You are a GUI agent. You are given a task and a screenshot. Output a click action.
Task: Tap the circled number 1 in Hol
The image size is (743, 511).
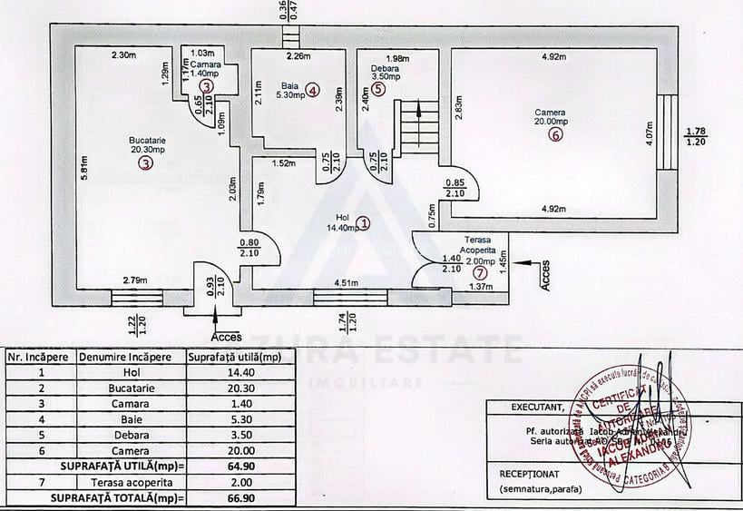tap(363, 221)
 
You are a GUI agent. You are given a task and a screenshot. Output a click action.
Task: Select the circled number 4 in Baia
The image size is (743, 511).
tap(312, 90)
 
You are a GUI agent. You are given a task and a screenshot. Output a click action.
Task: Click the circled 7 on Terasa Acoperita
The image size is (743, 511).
tap(480, 271)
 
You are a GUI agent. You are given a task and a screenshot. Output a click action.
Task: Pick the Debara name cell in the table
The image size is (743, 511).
tap(131, 435)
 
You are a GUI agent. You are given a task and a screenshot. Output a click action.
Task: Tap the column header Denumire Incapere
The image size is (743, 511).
tap(131, 357)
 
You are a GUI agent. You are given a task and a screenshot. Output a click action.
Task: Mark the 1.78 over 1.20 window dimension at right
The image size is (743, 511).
tap(697, 136)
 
